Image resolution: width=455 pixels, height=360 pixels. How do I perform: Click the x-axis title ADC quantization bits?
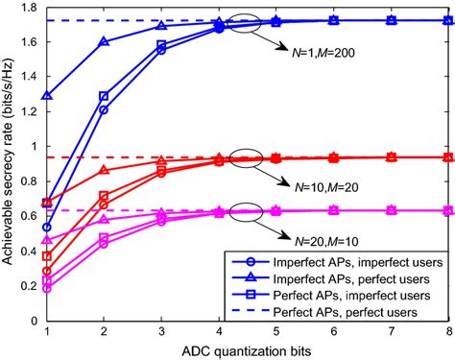[249, 348]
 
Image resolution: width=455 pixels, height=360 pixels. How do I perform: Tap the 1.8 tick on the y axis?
[32, 9]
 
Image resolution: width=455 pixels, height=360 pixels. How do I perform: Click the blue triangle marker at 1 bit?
[48, 96]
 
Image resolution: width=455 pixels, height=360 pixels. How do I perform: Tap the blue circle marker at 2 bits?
[105, 109]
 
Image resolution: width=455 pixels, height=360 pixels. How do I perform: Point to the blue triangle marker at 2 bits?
[105, 41]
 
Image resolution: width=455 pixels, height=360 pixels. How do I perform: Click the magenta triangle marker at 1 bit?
[48, 240]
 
